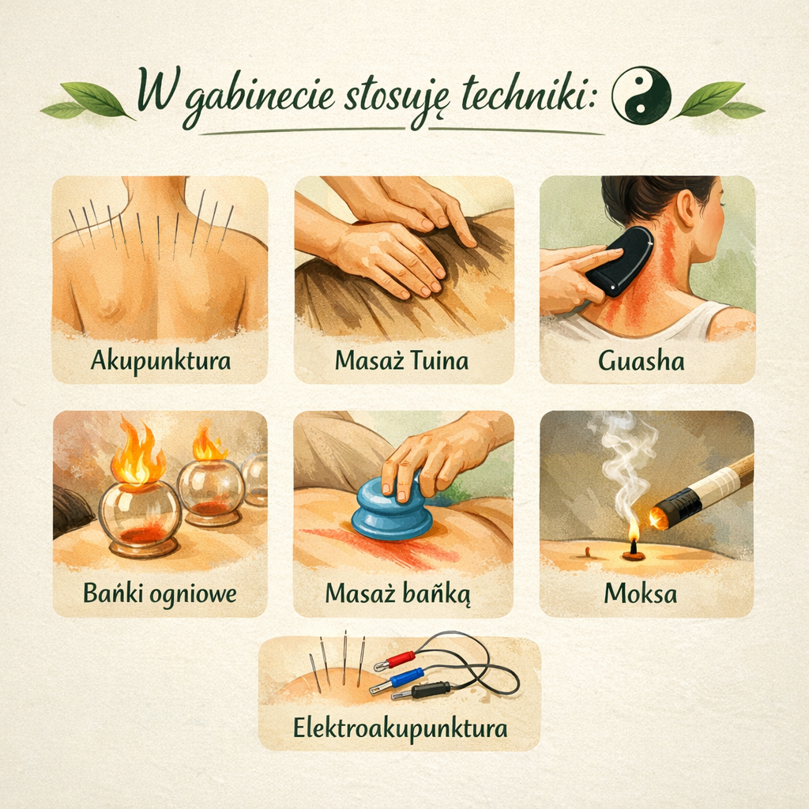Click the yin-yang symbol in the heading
pos(642,96)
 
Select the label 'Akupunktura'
pos(160,360)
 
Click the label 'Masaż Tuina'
pos(401,360)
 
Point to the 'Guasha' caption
pos(642,360)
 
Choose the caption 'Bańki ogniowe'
pos(160,594)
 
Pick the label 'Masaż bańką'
pos(398,594)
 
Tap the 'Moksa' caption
pos(640,593)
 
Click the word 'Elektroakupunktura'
pos(400,728)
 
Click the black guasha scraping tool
pos(619,263)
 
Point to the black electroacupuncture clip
pos(420,690)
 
